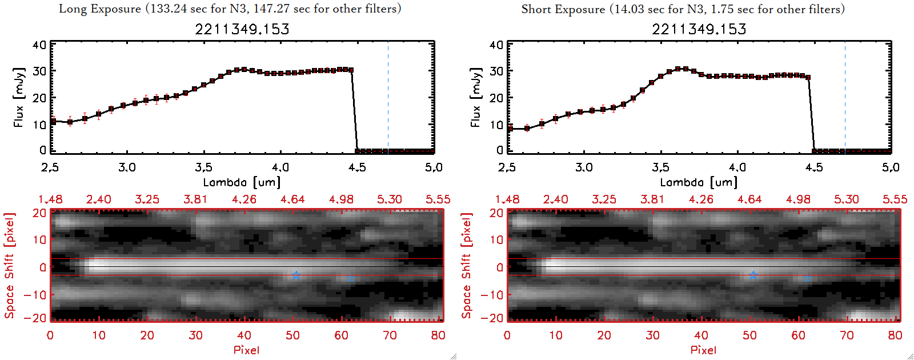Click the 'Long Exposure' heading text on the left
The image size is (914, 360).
click(x=100, y=9)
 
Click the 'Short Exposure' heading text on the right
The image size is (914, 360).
click(x=563, y=9)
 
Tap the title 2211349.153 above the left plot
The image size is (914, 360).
click(x=242, y=29)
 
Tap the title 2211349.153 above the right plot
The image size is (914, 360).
click(x=699, y=29)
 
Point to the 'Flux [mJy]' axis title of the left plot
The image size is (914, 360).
click(x=19, y=97)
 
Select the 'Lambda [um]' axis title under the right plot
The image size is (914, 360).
click(x=699, y=182)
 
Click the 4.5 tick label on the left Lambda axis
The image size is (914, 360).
click(x=357, y=167)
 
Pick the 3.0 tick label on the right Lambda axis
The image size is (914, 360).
click(x=583, y=167)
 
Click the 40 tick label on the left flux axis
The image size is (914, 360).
click(x=39, y=45)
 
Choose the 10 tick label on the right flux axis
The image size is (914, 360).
click(x=496, y=124)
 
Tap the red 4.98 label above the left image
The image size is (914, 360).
click(x=341, y=199)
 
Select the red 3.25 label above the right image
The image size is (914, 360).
click(x=604, y=199)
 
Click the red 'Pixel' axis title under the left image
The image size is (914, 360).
click(x=246, y=350)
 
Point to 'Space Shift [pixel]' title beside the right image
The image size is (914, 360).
click(x=467, y=266)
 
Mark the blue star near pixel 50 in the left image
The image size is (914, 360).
click(x=296, y=275)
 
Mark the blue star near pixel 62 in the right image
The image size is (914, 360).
click(x=807, y=278)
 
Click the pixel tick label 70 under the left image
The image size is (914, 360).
click(x=390, y=335)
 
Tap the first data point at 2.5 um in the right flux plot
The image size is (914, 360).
click(x=510, y=129)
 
